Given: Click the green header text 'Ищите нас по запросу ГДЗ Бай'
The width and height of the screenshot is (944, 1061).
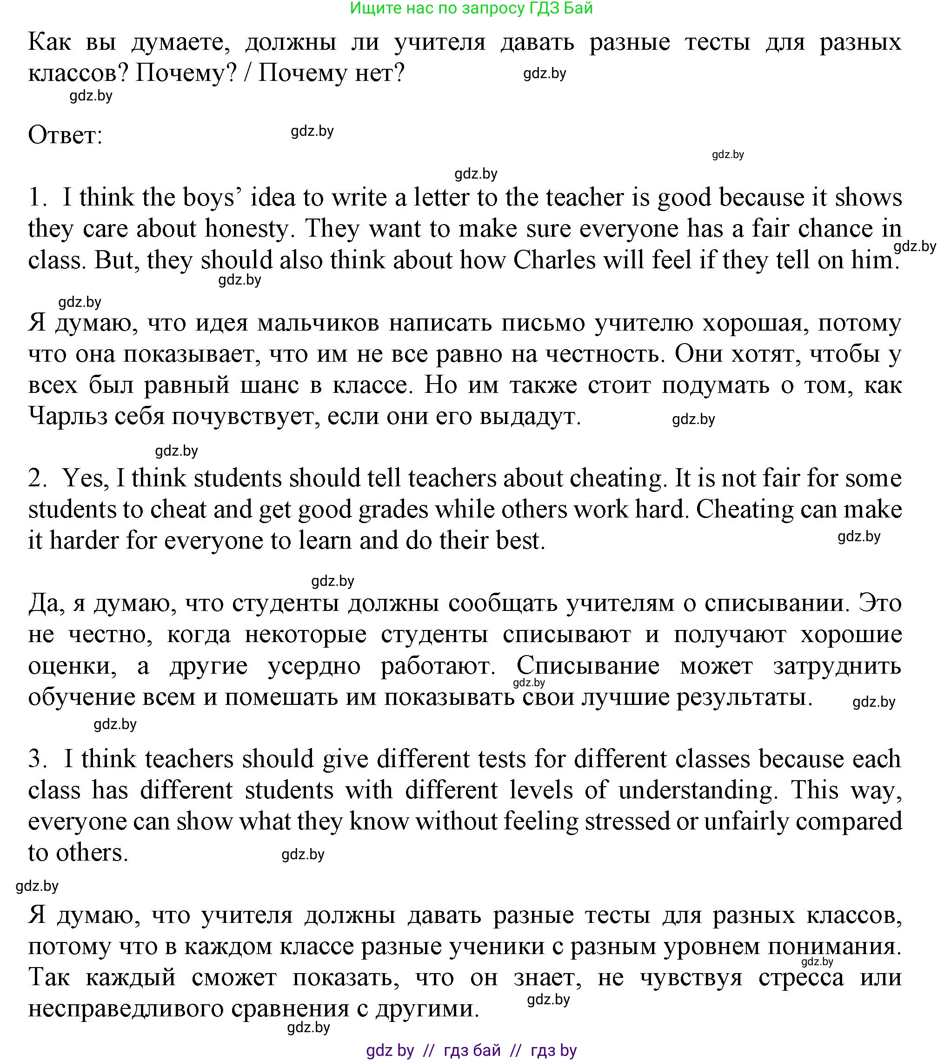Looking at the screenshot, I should click(471, 8).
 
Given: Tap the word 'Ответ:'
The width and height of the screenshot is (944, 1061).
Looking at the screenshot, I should click(66, 135).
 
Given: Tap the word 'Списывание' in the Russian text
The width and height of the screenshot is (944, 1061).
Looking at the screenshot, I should click(588, 665).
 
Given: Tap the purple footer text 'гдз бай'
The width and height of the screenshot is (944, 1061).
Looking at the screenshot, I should click(472, 1051).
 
